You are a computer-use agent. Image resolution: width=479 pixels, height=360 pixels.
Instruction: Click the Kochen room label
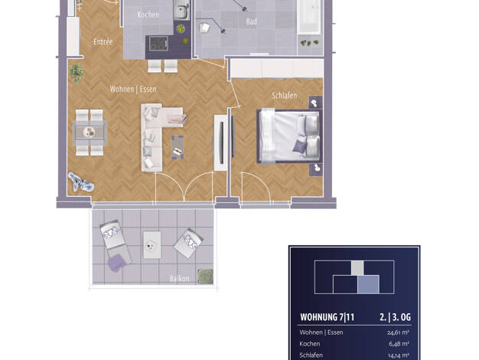pyautogui.click(x=148, y=15)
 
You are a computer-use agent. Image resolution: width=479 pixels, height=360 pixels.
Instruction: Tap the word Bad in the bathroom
pyautogui.click(x=252, y=21)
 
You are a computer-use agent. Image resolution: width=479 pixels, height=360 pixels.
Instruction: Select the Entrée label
pyautogui.click(x=103, y=41)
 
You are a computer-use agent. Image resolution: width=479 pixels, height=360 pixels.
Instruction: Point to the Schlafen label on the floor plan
pyautogui.click(x=285, y=96)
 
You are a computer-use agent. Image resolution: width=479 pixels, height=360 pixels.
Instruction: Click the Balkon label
pyautogui.click(x=180, y=278)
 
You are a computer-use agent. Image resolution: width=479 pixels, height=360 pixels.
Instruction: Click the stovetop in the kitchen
pyautogui.click(x=158, y=44)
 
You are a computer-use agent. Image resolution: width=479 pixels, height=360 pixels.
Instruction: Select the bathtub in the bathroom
pyautogui.click(x=309, y=17)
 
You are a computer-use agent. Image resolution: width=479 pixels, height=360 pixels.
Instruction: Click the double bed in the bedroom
pyautogui.click(x=289, y=136)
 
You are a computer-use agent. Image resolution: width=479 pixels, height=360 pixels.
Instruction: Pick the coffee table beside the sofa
pyautogui.click(x=178, y=147)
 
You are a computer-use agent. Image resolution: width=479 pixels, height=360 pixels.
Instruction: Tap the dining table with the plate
pyautogui.click(x=90, y=133)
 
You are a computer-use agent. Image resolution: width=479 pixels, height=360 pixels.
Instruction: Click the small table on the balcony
pyautogui.click(x=152, y=245)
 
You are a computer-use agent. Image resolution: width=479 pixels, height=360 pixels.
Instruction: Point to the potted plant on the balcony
pyautogui.click(x=205, y=277)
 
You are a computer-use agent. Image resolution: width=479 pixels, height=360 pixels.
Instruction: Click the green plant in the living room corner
pyautogui.click(x=76, y=74)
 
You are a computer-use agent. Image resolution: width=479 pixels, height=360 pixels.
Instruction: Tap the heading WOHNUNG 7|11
pyautogui.click(x=327, y=317)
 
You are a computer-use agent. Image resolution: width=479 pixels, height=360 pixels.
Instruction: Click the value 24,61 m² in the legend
pyautogui.click(x=399, y=332)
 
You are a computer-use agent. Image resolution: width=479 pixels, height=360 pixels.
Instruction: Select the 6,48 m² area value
pyautogui.click(x=399, y=344)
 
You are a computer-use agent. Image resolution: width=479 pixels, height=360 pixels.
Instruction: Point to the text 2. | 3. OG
pyautogui.click(x=395, y=317)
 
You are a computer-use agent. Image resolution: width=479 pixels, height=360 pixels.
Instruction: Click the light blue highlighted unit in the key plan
pyautogui.click(x=368, y=284)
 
